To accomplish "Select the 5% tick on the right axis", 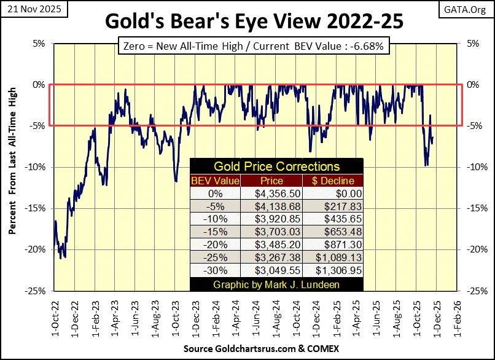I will click(474, 44).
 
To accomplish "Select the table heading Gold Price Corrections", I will click(276, 166).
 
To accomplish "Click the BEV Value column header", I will click(215, 180).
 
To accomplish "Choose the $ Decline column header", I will click(332, 180).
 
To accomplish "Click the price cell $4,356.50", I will click(272, 193).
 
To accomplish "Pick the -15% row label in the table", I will click(215, 232).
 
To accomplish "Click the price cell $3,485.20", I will click(272, 245).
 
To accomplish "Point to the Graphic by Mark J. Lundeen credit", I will click(276, 285).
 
